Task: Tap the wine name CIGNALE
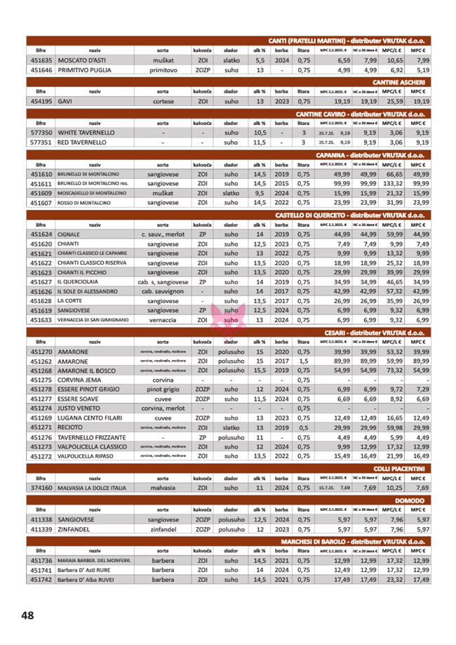click(x=69, y=234)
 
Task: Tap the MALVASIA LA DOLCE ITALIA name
click(x=92, y=487)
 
